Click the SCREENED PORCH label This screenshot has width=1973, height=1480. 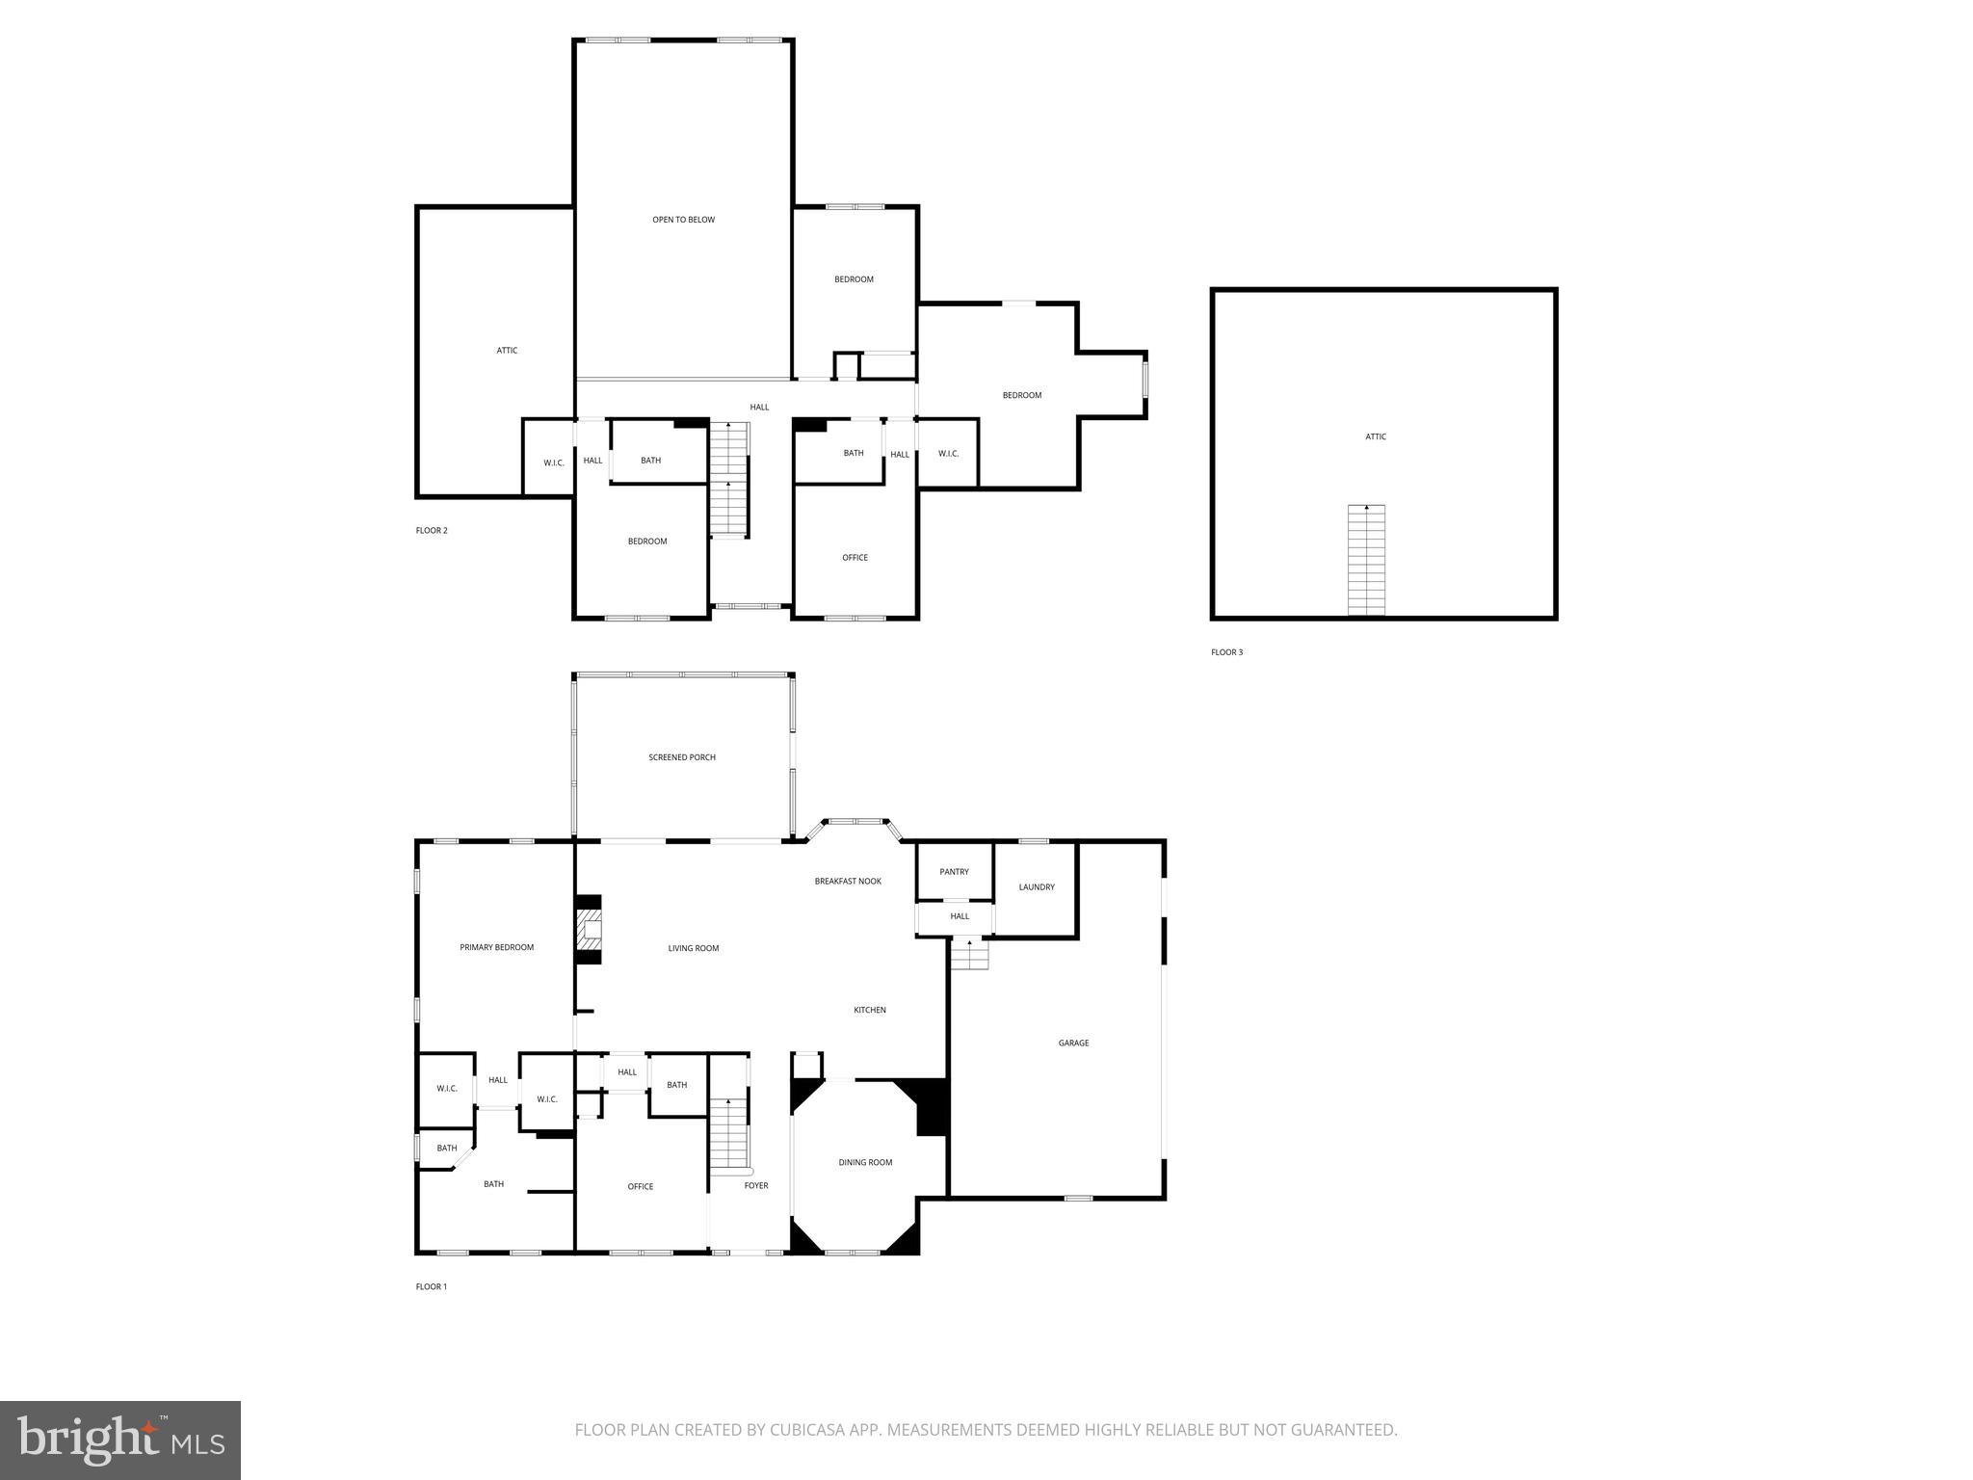pos(681,757)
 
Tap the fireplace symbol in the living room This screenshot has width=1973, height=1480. pos(589,930)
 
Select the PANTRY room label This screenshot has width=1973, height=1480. pos(954,872)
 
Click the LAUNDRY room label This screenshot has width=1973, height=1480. pos(1037,887)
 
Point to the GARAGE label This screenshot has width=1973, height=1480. pos(1073,1043)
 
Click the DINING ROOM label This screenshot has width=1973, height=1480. pos(865,1162)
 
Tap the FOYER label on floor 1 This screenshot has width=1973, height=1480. pos(756,1185)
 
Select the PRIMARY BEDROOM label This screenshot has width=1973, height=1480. pos(496,947)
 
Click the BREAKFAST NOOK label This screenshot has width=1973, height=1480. pos(848,881)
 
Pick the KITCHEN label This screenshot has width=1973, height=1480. pos(869,1010)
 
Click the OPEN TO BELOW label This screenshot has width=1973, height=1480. pos(683,220)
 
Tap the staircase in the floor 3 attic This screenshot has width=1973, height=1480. pos(1366,560)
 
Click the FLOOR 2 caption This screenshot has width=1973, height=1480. pos(432,531)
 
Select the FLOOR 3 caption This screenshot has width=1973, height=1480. pos(1226,652)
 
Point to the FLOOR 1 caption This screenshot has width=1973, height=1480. pos(432,1286)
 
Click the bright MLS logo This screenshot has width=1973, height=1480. pos(120,1440)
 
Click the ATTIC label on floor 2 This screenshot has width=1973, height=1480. pos(507,351)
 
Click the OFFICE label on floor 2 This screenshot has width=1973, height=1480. pos(855,558)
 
